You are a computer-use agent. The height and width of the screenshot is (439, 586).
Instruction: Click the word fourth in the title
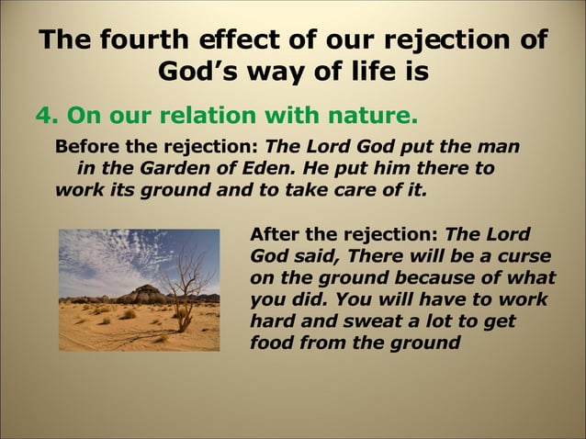point(148,40)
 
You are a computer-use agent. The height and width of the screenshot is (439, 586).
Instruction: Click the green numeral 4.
point(42,117)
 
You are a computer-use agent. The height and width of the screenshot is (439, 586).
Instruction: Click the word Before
point(86,146)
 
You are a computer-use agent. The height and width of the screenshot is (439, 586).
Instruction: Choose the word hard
point(272,321)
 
